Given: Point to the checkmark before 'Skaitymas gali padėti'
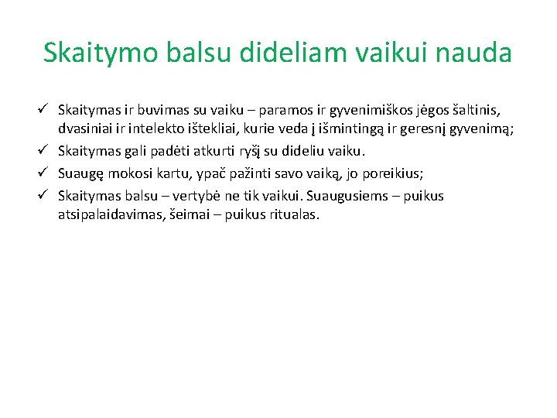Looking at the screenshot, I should [45, 149].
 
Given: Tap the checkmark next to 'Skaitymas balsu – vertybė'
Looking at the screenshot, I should [45, 196].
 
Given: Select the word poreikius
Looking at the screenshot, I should [389, 173].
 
